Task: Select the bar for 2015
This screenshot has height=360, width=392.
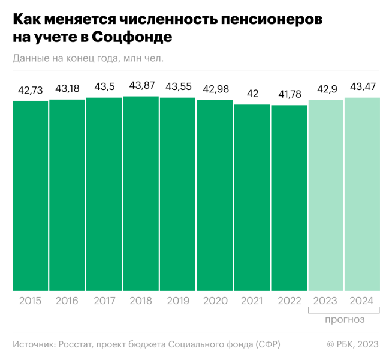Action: pyautogui.click(x=30, y=196)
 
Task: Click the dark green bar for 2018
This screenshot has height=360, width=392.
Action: pyautogui.click(x=141, y=193)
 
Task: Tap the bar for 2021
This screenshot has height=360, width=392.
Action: pyautogui.click(x=252, y=198)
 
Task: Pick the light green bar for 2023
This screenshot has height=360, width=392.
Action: pyautogui.click(x=325, y=196)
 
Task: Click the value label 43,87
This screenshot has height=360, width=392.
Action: pyautogui.click(x=141, y=85)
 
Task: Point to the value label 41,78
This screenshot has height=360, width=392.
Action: pyautogui.click(x=289, y=94)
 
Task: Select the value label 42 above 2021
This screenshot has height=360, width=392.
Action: pyautogui.click(x=252, y=94)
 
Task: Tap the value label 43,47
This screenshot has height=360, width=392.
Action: pyautogui.click(x=363, y=87)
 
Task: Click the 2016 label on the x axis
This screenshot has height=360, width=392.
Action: pyautogui.click(x=67, y=301)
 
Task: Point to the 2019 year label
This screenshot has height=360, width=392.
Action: pyautogui.click(x=178, y=301)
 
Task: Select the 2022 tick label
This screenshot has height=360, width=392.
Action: pyautogui.click(x=289, y=301)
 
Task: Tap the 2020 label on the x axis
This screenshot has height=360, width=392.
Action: pyautogui.click(x=215, y=301)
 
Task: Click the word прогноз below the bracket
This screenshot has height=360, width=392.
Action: pyautogui.click(x=345, y=320)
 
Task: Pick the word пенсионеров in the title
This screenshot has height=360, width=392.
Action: pyautogui.click(x=263, y=19)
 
